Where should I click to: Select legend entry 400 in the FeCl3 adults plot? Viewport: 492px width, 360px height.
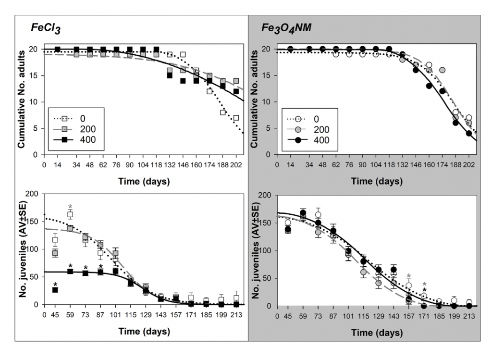(x=88, y=139)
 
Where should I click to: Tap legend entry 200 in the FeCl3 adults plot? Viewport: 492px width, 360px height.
(x=88, y=129)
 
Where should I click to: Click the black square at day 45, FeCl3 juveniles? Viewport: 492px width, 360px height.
(x=55, y=290)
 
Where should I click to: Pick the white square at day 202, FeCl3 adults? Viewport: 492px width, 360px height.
(x=236, y=118)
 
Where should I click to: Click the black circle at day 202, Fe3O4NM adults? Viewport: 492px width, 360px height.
(x=468, y=134)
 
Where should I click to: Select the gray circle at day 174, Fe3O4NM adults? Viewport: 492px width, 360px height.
(x=442, y=70)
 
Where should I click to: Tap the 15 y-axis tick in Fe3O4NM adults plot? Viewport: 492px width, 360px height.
(x=268, y=75)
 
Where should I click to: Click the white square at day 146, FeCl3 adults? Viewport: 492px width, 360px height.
(x=183, y=54)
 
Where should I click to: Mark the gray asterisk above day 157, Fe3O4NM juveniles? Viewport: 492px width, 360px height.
(x=408, y=276)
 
